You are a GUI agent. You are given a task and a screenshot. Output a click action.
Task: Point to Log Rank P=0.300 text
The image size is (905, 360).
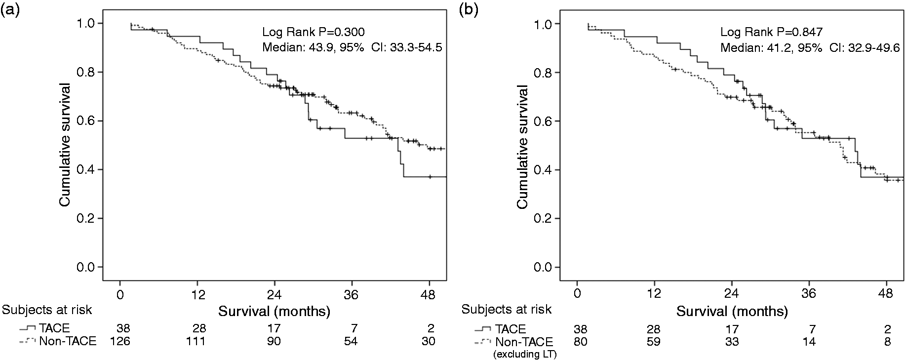pyautogui.click(x=314, y=33)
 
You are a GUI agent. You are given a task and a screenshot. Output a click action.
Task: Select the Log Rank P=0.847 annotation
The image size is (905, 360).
pyautogui.click(x=772, y=33)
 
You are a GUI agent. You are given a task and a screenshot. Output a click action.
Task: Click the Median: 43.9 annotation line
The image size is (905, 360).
pyautogui.click(x=352, y=48)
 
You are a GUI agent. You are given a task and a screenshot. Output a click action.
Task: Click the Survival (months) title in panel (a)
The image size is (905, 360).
pyautogui.click(x=275, y=312)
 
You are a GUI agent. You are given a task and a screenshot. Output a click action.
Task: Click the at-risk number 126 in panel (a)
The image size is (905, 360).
pyautogui.click(x=120, y=341)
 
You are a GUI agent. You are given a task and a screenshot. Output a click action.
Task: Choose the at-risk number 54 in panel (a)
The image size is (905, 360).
pyautogui.click(x=351, y=341)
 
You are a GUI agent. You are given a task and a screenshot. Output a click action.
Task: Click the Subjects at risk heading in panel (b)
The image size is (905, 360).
pyautogui.click(x=507, y=310)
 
